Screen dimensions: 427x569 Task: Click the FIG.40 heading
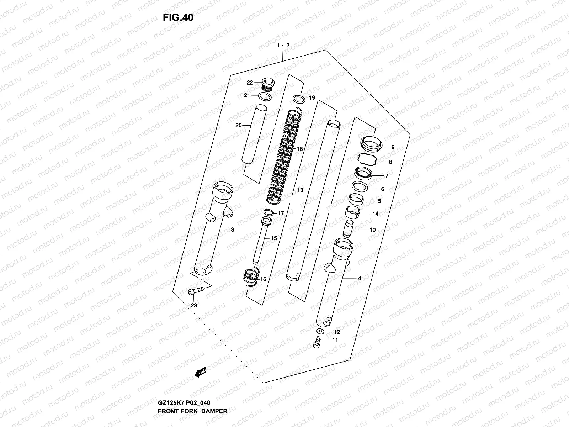pos(178,17)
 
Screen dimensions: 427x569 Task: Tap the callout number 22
pos(250,83)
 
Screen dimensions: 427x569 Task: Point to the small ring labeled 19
pos(299,98)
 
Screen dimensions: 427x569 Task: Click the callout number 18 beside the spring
pos(299,149)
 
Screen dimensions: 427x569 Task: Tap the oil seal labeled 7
pos(363,173)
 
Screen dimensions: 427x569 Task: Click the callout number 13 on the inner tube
pos(300,190)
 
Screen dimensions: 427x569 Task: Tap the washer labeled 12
pos(319,332)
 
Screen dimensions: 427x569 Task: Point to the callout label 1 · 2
pos(283,46)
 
